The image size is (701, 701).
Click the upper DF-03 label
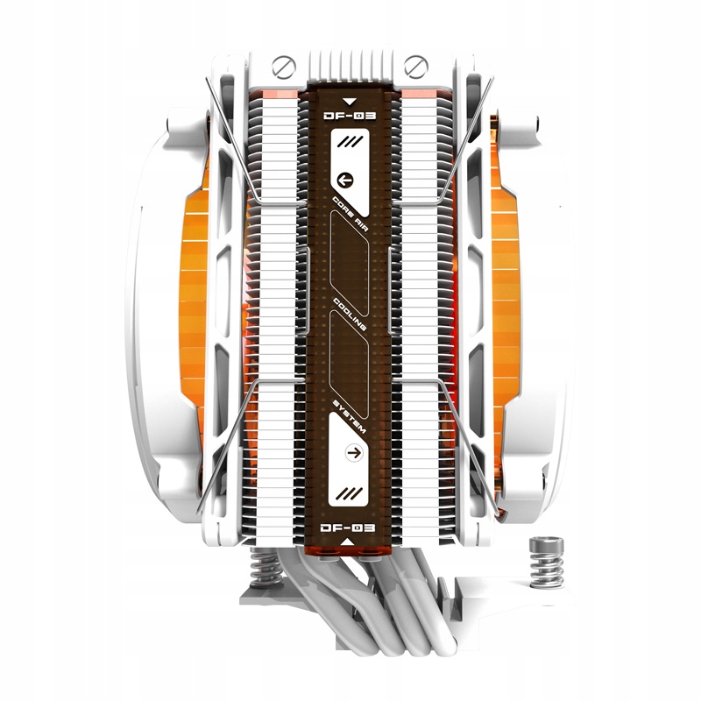[350, 117]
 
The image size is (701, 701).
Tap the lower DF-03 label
[348, 528]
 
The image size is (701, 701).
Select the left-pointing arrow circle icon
[345, 181]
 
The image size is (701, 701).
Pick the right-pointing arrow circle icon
[355, 453]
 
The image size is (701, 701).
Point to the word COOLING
[350, 315]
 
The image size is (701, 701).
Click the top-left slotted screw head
[284, 67]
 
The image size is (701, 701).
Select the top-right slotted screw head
[415, 67]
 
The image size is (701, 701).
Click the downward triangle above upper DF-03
[350, 102]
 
